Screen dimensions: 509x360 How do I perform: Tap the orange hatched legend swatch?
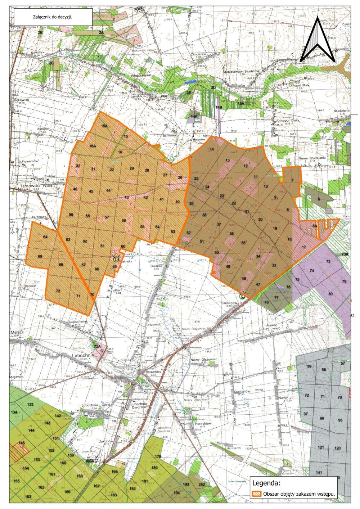pos(257,494)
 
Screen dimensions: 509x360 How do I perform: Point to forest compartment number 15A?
pos(104,126)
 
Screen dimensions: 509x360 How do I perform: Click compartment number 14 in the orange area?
pos(212,149)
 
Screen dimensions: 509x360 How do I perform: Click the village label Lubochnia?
pos(83,355)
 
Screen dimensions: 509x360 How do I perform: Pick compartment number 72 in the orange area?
pos(58,290)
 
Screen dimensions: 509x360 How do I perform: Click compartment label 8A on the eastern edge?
pos(314,226)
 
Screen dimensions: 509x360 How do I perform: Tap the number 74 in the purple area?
pos(312,270)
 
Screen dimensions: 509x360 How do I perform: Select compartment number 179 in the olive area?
pos(158,456)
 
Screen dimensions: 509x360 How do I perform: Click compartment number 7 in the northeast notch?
pos(292,180)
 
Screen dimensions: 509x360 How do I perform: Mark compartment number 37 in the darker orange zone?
pos(219,224)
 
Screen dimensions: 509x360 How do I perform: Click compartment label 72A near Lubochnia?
pos(96,346)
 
